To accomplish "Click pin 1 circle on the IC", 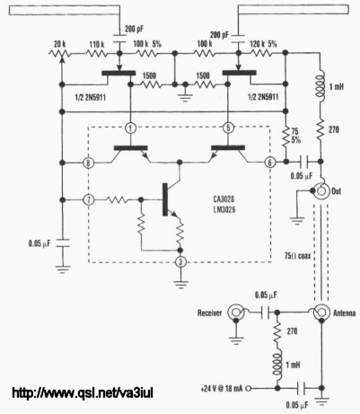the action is coord(130,128).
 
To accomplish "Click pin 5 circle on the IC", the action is coord(228,128).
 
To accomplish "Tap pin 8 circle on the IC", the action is coord(88,163).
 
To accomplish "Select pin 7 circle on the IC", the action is coord(88,199).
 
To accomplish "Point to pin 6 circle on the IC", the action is coord(269,163).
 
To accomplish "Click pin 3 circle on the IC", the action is coord(180,262).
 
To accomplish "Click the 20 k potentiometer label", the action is coord(60,45).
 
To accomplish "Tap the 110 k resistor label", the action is coord(97,45).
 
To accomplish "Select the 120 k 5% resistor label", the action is coord(264,44).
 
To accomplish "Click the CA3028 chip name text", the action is coord(224,199).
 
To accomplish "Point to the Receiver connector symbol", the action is coord(236,313).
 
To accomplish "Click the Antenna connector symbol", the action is coord(321,313).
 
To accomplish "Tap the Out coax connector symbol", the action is coord(321,190).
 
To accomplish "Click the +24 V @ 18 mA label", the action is coord(223,389).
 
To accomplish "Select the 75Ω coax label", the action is coord(297,256).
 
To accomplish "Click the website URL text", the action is coord(83,392).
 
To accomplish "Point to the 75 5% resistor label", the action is coord(295,136).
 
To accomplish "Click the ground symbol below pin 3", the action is coord(180,285).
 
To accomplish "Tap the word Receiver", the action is coord(209,313).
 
